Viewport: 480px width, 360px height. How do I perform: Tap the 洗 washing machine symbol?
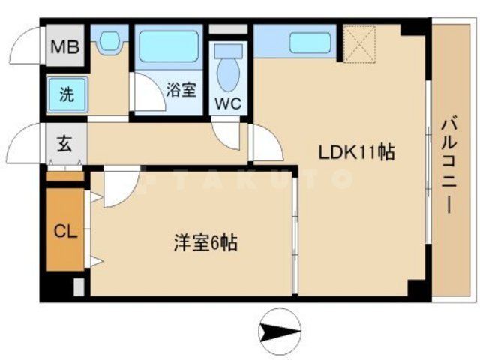67,95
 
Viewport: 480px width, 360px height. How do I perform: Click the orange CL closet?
64,231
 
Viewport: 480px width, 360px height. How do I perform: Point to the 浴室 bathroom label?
181,91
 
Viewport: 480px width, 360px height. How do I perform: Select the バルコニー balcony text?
450,166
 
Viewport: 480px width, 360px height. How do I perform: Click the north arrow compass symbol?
280,331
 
